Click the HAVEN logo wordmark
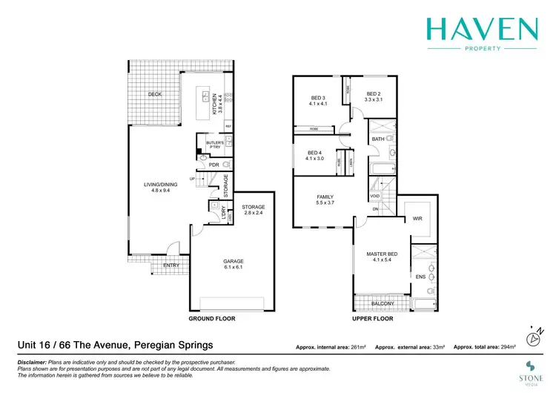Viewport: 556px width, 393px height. tap(481, 30)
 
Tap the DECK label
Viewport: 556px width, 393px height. tap(154, 94)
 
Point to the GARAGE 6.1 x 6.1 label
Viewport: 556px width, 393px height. tap(234, 265)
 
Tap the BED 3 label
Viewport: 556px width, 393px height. tap(317, 101)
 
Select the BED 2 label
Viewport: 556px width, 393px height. tap(374, 96)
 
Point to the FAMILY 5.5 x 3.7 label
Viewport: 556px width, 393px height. tap(326, 199)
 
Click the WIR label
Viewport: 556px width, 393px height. tap(417, 219)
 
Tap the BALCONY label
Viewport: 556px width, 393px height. tap(383, 303)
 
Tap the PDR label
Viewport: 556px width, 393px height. tap(214, 165)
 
